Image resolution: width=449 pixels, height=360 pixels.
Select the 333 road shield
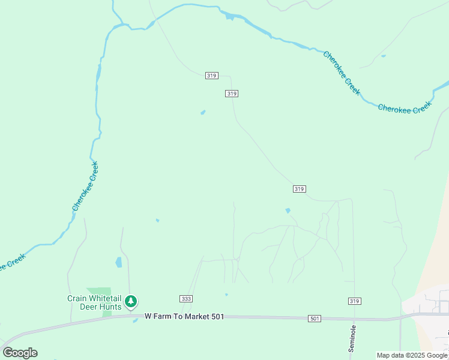pyautogui.click(x=186, y=299)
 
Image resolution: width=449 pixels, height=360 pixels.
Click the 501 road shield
pyautogui.click(x=315, y=318)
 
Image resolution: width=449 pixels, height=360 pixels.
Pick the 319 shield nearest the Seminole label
pyautogui.click(x=354, y=301)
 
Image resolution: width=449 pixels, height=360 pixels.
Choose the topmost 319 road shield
pyautogui.click(x=211, y=76)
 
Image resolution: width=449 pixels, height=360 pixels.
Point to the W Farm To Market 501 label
pyautogui.click(x=184, y=316)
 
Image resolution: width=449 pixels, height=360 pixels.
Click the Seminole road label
pyautogui.click(x=354, y=338)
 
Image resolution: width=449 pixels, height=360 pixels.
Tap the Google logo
pyautogui.click(x=20, y=353)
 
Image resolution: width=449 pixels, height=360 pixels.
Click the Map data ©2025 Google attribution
pyautogui.click(x=412, y=355)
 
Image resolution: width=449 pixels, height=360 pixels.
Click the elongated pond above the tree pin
pyautogui.click(x=119, y=262)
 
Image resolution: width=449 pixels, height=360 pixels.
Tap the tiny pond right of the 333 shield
pyautogui.click(x=226, y=295)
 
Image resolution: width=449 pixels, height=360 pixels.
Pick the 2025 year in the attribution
pyautogui.click(x=417, y=355)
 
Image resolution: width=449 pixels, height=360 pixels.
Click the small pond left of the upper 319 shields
pyautogui.click(x=203, y=112)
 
